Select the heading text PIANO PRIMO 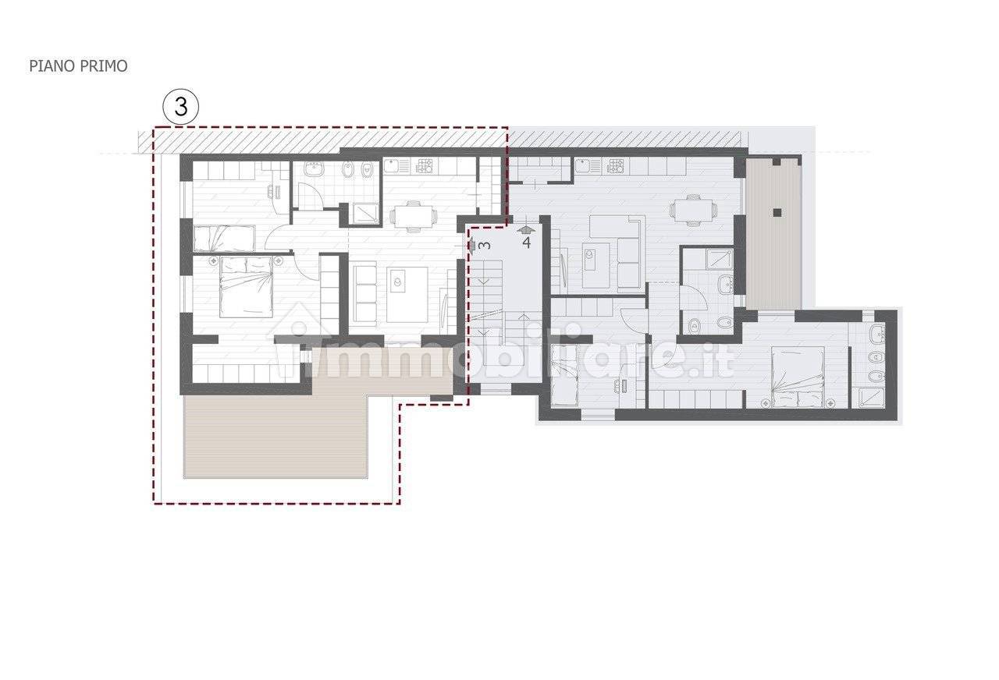click(79, 66)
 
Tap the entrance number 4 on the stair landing click(526, 243)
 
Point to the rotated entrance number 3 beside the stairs click(485, 245)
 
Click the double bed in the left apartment click(246, 288)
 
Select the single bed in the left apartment click(224, 238)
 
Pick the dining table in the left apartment click(413, 217)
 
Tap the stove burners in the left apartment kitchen click(425, 167)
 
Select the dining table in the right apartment click(692, 211)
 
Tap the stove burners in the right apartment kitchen click(617, 167)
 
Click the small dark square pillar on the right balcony click(778, 213)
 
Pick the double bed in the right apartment click(798, 377)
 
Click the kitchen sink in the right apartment click(588, 166)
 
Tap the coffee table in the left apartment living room click(407, 295)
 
